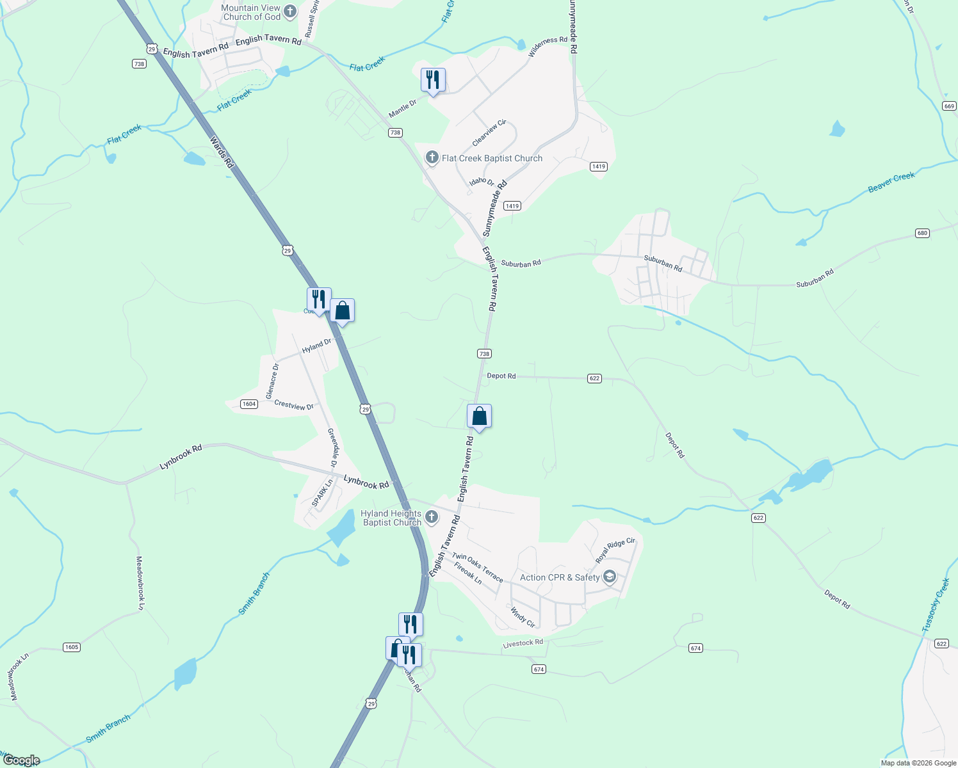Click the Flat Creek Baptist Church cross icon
tap(432, 157)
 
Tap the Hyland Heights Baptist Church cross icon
tap(432, 517)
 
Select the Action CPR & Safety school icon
tap(610, 577)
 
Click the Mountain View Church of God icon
tap(289, 11)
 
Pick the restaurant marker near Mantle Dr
tap(433, 80)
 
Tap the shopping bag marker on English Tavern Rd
tap(479, 417)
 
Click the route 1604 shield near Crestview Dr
tap(249, 404)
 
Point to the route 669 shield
tap(949, 106)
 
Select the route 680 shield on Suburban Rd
tap(922, 233)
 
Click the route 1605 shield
tap(72, 647)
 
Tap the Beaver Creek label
tap(891, 182)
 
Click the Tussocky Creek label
tap(935, 605)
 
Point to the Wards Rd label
tap(222, 152)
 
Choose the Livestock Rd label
tap(523, 643)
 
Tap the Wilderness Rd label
tap(548, 47)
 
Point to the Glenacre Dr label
tap(272, 381)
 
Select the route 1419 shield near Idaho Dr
tap(512, 206)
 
